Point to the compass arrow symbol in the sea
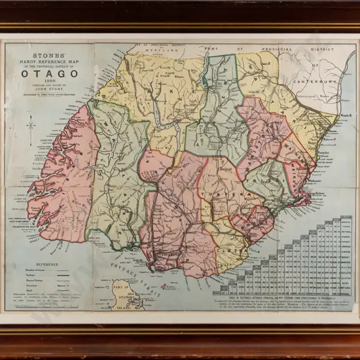[x=31, y=122]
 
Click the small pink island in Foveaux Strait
[x=163, y=286]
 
